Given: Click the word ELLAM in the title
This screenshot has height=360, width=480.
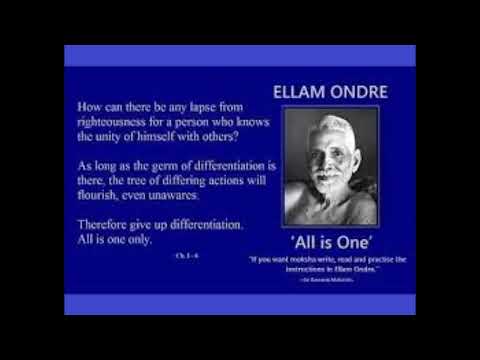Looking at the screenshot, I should click(x=298, y=92).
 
